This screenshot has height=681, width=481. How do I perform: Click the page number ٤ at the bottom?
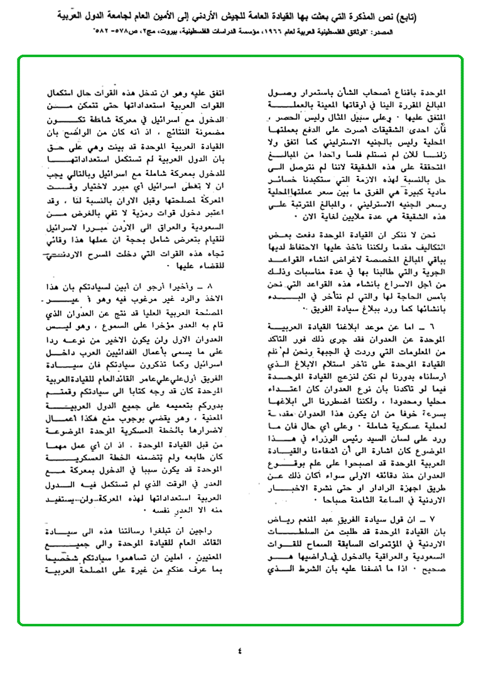pos(240,650)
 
